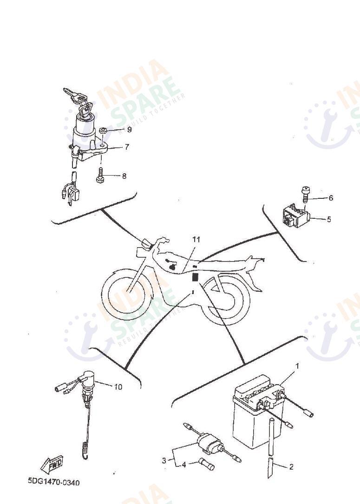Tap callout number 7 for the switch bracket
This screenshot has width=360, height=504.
pyautogui.click(x=127, y=147)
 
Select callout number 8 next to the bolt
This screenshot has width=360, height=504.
pyautogui.click(x=124, y=176)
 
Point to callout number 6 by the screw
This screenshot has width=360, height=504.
pyautogui.click(x=331, y=198)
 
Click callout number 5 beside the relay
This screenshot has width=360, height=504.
pyautogui.click(x=329, y=219)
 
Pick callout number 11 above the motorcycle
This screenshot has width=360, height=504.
pyautogui.click(x=196, y=240)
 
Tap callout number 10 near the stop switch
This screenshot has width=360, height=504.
pyautogui.click(x=118, y=387)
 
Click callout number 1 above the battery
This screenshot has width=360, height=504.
pyautogui.click(x=297, y=366)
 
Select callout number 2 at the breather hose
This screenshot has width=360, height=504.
pyautogui.click(x=291, y=467)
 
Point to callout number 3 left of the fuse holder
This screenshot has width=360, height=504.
pyautogui.click(x=164, y=461)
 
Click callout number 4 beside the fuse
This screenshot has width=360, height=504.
pyautogui.click(x=184, y=465)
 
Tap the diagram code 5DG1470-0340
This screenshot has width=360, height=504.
pyautogui.click(x=54, y=482)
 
